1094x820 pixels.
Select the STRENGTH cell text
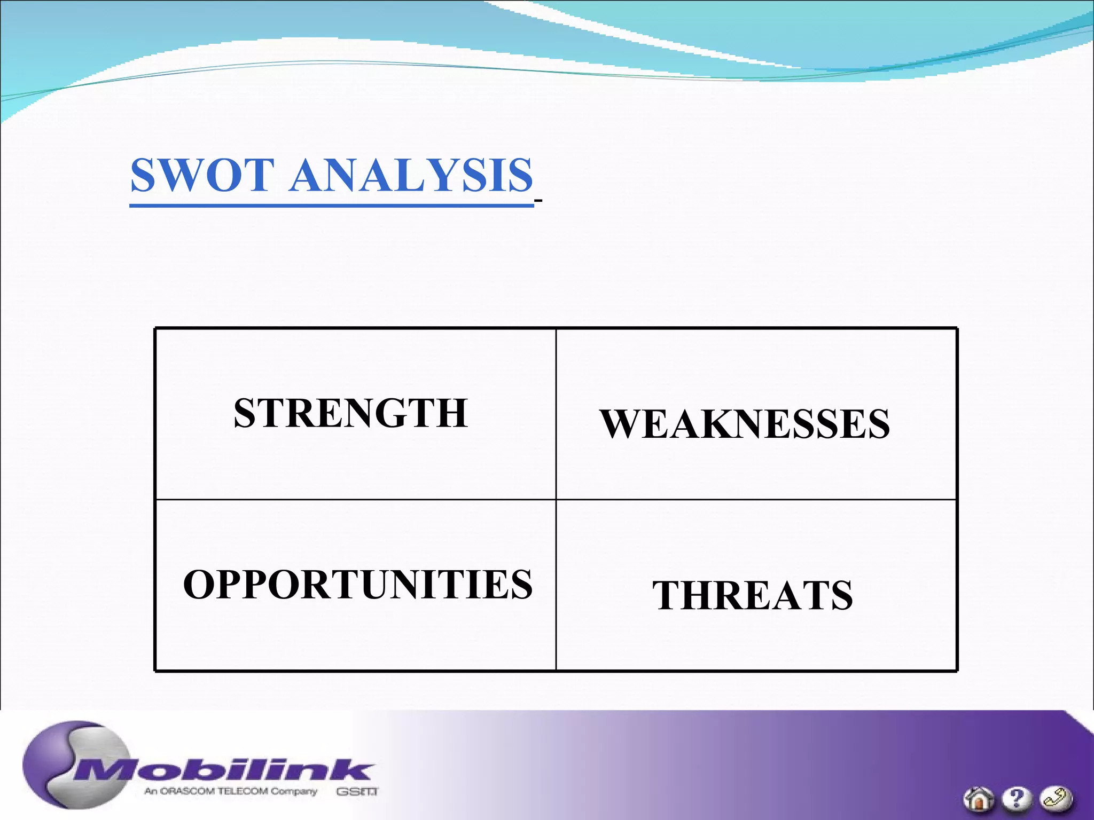[x=350, y=413]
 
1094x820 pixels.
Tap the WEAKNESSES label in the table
[x=745, y=424]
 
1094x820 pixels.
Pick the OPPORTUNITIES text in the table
[x=357, y=585]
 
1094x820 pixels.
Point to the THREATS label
[x=752, y=595]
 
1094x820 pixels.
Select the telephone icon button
[x=1056, y=799]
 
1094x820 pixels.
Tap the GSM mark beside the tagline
[x=357, y=792]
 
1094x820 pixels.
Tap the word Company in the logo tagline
[x=293, y=791]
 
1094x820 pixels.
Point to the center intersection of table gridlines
[x=556, y=500]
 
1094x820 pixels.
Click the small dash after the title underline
[x=538, y=201]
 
